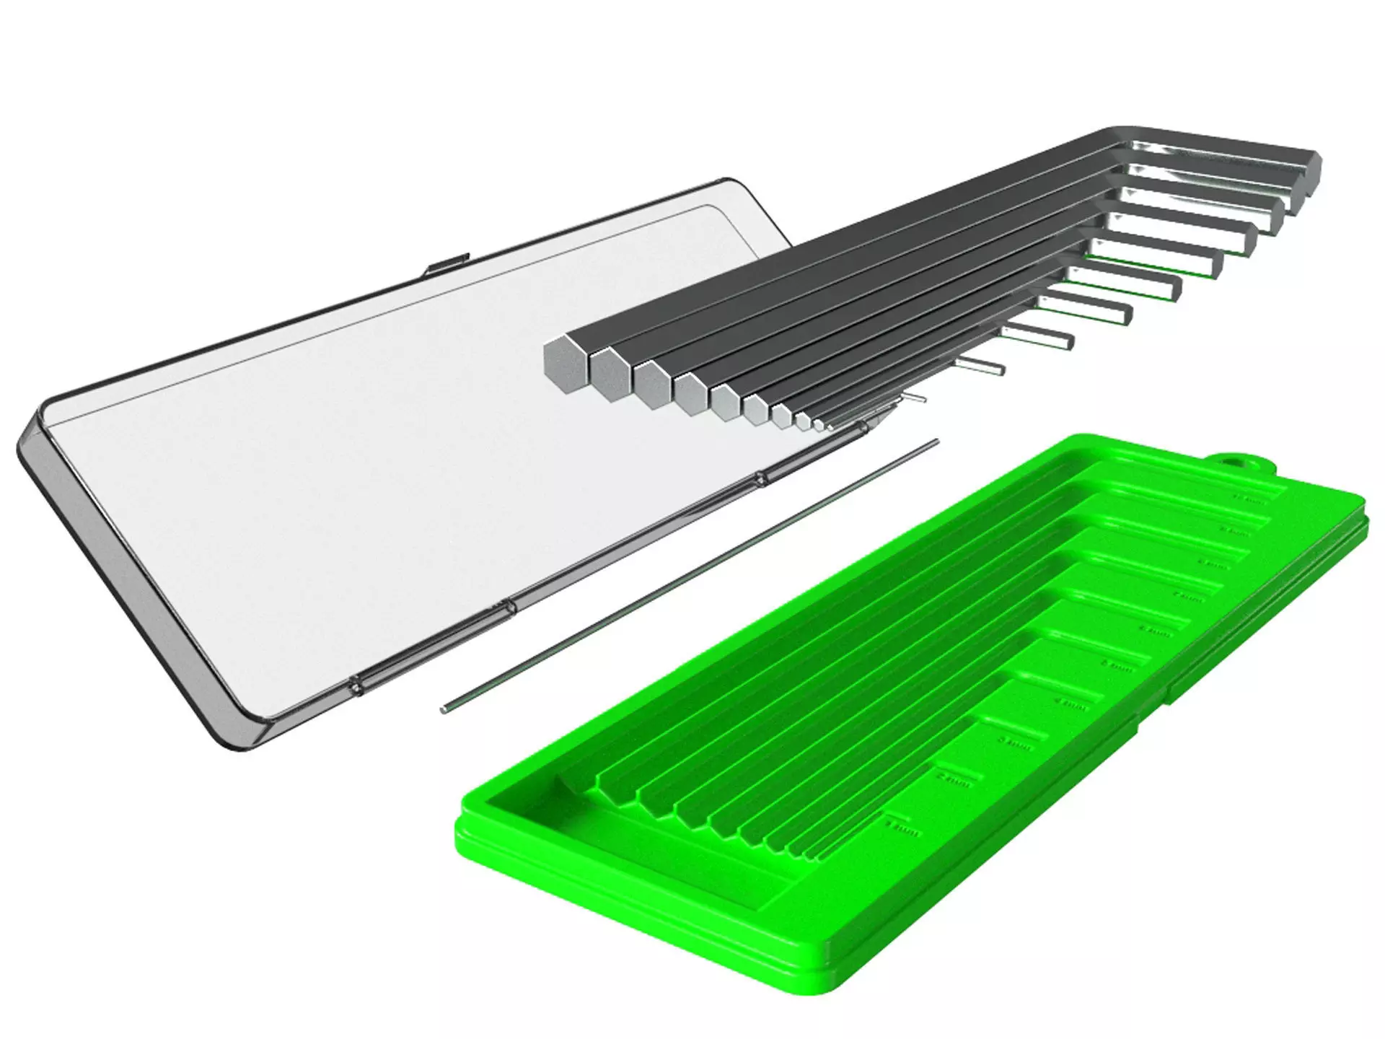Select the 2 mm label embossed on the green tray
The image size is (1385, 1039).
click(x=953, y=780)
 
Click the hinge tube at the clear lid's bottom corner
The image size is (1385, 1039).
click(x=359, y=685)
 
